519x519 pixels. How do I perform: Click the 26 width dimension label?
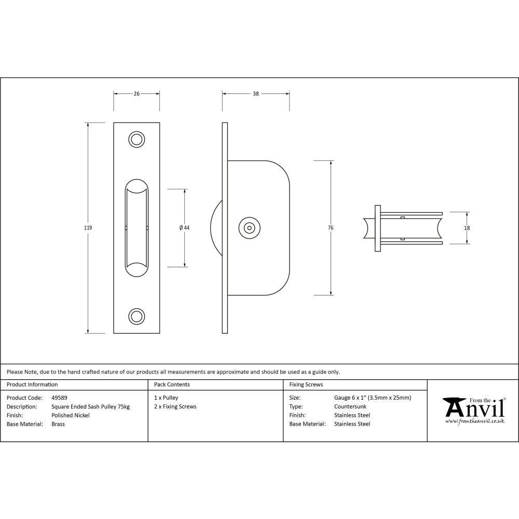[136, 94]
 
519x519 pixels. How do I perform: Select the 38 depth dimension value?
[256, 94]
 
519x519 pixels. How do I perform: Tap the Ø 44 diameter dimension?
[184, 228]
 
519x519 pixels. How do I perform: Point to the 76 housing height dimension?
[331, 228]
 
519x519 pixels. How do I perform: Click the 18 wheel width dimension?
[467, 228]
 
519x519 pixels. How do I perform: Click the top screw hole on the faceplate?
[136, 139]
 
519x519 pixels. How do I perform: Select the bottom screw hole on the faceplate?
[136, 316]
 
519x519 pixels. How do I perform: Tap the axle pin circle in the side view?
[250, 228]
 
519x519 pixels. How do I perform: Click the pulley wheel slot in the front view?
[136, 228]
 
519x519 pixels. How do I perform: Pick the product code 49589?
[59, 398]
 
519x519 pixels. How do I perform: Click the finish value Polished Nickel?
[71, 415]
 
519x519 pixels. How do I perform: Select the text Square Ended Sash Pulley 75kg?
[91, 407]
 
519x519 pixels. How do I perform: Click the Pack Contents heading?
[172, 385]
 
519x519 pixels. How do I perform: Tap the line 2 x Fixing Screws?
[175, 407]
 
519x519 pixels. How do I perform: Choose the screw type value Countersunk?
[350, 407]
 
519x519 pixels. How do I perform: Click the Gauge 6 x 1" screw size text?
[373, 398]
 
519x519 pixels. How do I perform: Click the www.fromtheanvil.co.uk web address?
[474, 421]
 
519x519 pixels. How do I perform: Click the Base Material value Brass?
[58, 424]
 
